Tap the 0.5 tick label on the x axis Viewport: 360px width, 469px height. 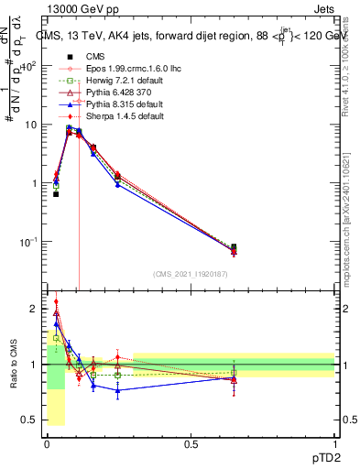click(x=191, y=442)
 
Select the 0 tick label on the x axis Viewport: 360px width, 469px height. click(x=47, y=442)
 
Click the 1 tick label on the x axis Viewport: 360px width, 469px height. click(x=335, y=442)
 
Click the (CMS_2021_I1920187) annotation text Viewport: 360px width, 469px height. click(x=191, y=274)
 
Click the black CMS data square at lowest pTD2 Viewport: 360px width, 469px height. click(x=56, y=194)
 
